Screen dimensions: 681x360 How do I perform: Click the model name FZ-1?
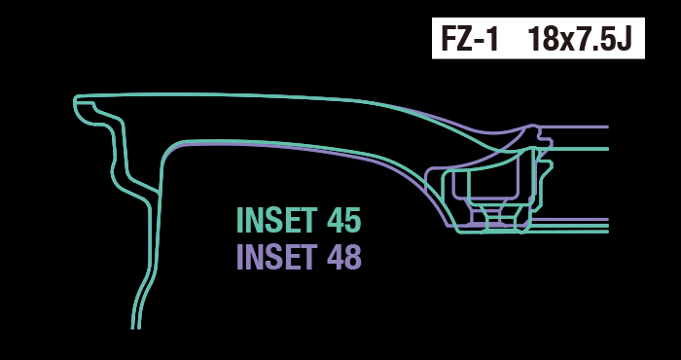(x=469, y=39)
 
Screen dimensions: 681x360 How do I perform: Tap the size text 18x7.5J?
(x=580, y=39)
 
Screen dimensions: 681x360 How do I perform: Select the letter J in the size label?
(x=624, y=39)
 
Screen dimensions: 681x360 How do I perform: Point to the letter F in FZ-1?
(x=448, y=39)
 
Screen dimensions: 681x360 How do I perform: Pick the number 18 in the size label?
(x=542, y=39)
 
